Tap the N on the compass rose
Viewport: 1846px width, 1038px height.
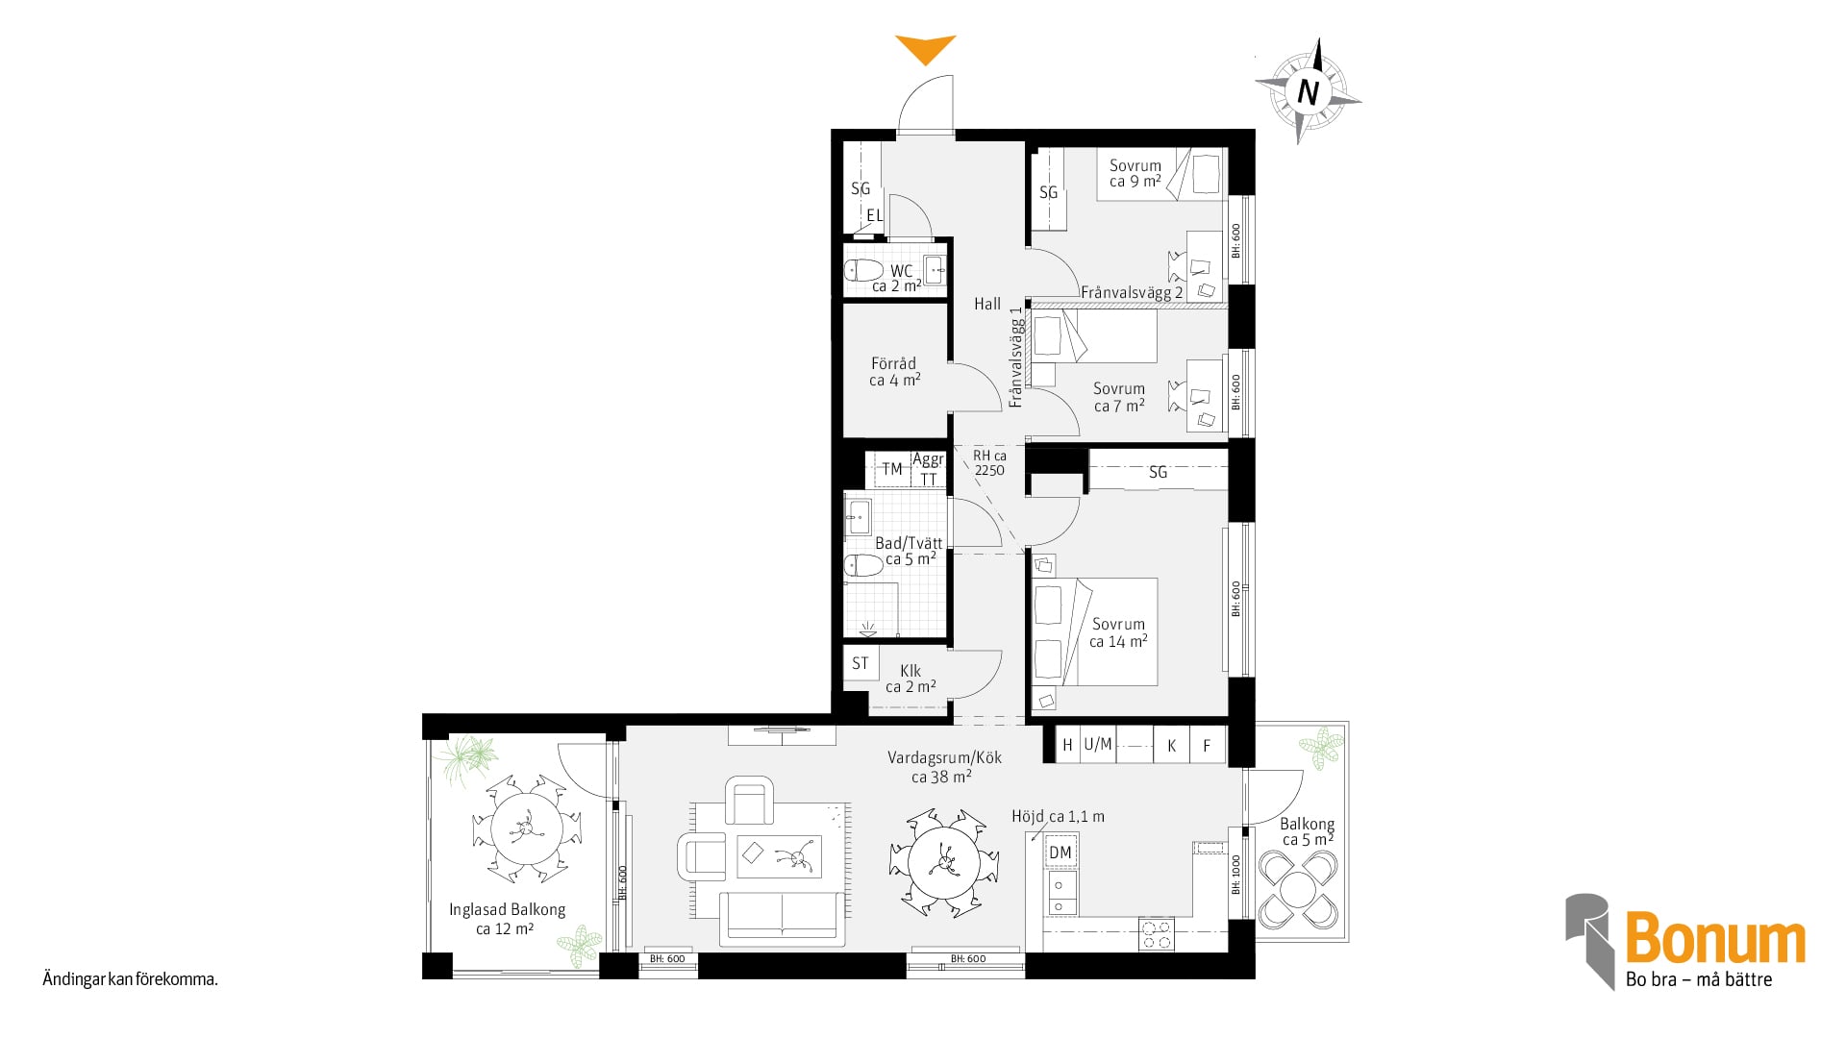pyautogui.click(x=1308, y=92)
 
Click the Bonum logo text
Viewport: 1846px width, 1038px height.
pyautogui.click(x=1715, y=939)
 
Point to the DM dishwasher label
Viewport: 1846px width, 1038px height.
pyautogui.click(x=1060, y=853)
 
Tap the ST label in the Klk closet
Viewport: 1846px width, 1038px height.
pyautogui.click(x=860, y=663)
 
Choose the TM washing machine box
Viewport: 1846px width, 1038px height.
pyautogui.click(x=892, y=469)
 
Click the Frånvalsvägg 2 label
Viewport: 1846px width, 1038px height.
pyautogui.click(x=1132, y=292)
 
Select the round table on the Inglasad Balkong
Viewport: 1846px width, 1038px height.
pyautogui.click(x=526, y=828)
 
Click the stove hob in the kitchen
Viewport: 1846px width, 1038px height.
pyautogui.click(x=1157, y=933)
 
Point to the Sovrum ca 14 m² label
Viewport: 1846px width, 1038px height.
pyautogui.click(x=1118, y=632)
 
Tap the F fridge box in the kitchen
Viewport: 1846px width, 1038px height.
pyautogui.click(x=1208, y=745)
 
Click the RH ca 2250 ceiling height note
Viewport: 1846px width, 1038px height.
pyautogui.click(x=989, y=462)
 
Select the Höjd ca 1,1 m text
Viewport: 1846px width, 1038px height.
pyautogui.click(x=1058, y=817)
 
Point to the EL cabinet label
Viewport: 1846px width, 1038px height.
pyautogui.click(x=874, y=215)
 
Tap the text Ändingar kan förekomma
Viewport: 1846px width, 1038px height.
pyautogui.click(x=131, y=980)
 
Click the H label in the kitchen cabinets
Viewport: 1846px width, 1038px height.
pyautogui.click(x=1067, y=745)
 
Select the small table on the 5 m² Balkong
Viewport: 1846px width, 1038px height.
pyautogui.click(x=1297, y=889)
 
